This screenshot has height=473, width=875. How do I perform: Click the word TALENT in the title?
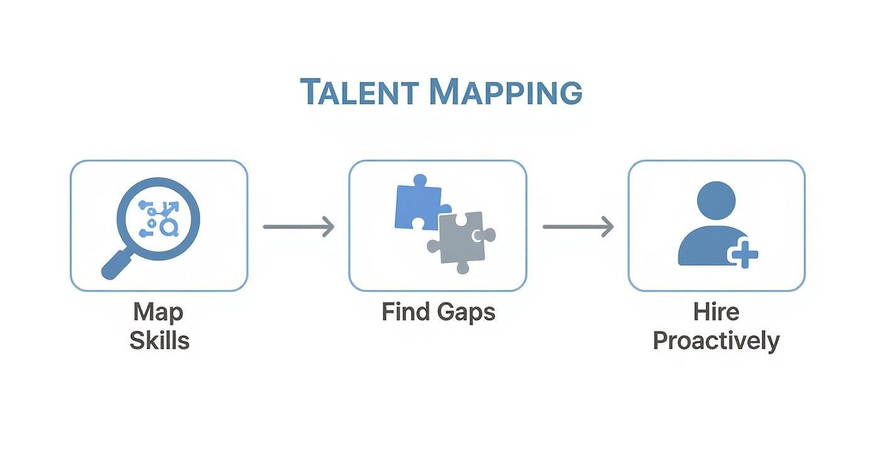[359, 92]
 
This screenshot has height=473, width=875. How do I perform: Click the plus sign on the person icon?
[744, 255]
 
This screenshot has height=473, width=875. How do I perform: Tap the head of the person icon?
[716, 200]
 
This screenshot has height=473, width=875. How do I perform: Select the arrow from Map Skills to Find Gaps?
[299, 226]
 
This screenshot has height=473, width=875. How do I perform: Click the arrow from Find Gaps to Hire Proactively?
[578, 226]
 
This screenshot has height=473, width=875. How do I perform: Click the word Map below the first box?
[158, 311]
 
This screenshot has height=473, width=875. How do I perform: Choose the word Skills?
[159, 340]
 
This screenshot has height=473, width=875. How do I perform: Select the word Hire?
[716, 311]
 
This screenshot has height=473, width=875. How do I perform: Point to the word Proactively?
[716, 341]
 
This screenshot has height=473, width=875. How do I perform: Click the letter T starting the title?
[309, 92]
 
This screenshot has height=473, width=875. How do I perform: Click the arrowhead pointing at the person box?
[607, 226]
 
